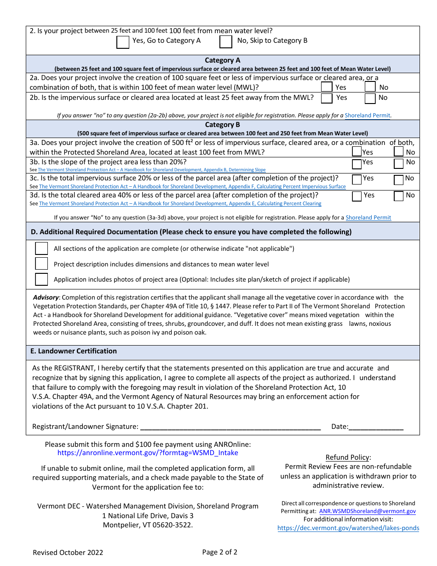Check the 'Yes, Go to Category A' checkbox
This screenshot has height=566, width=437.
(x=123, y=42)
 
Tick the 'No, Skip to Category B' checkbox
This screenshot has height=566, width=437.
(x=226, y=42)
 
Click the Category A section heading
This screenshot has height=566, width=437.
(x=223, y=60)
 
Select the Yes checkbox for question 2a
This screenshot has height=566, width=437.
(x=327, y=87)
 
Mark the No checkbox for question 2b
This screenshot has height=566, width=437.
(x=370, y=98)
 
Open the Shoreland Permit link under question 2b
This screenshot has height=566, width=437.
(x=368, y=116)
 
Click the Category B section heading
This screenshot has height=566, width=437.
(x=223, y=125)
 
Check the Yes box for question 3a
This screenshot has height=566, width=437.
(x=357, y=151)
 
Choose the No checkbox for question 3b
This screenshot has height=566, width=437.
(x=399, y=164)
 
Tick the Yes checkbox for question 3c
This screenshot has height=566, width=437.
(x=357, y=179)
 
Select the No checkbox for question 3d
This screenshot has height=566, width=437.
(x=399, y=196)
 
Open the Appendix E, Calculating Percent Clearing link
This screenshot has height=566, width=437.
(x=180, y=203)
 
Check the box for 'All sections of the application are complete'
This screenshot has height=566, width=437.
(x=42, y=248)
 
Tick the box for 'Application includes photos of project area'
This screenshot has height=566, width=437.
(x=42, y=279)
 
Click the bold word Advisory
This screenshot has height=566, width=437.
(x=46, y=297)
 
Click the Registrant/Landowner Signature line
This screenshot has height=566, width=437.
(x=230, y=427)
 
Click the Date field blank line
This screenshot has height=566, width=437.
(x=376, y=427)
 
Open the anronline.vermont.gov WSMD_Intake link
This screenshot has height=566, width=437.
(x=148, y=453)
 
